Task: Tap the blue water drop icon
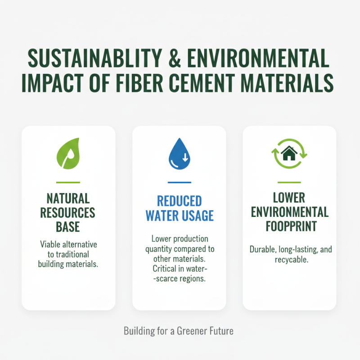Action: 179,154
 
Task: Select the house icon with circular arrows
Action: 289,154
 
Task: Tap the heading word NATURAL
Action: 68,198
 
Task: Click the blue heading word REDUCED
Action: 179,201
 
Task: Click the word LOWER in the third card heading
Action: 289,198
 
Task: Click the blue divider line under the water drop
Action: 179,182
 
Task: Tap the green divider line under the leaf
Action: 68,182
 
